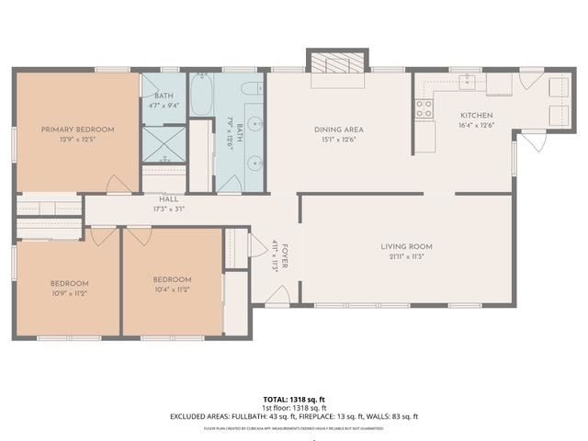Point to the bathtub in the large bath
203,95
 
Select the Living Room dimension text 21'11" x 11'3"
406,256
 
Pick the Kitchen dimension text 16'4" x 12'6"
476,125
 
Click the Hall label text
168,198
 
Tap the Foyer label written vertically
285,254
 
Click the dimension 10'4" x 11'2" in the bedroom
172,289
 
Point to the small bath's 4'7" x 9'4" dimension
164,106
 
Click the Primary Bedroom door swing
119,184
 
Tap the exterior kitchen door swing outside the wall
533,145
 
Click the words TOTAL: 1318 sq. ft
293,399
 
